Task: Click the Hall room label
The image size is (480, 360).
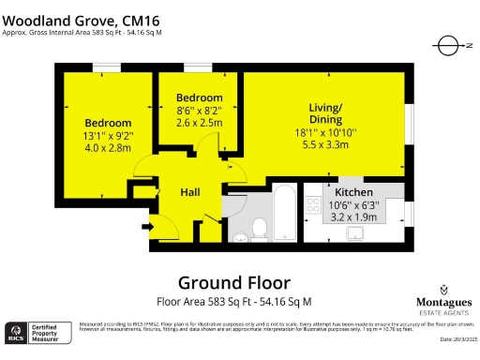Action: coord(190,192)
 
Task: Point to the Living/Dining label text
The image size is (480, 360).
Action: coord(327,114)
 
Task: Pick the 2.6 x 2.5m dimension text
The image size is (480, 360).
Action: coord(200,121)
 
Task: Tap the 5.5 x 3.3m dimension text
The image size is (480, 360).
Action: coord(327,145)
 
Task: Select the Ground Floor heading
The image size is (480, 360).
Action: coord(234,282)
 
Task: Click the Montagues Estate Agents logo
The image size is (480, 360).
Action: coord(442,301)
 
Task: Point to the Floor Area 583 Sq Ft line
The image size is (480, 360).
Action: coord(233,302)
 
